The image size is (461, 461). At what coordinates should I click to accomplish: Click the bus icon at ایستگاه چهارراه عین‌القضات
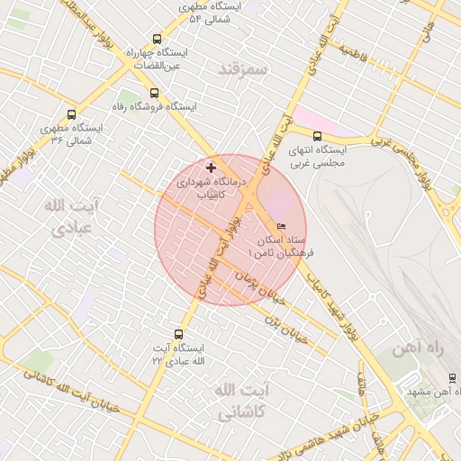(158, 40)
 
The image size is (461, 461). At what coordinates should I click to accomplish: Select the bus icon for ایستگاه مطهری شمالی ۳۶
(71, 114)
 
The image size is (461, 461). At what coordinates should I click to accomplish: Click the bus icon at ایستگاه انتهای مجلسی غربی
(316, 136)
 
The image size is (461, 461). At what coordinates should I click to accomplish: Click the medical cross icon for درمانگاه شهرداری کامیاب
(212, 167)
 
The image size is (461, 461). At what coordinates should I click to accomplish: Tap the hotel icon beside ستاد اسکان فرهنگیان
(282, 227)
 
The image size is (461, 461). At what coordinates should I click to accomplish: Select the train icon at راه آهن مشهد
(452, 378)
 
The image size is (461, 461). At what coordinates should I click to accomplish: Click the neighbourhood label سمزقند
(243, 68)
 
